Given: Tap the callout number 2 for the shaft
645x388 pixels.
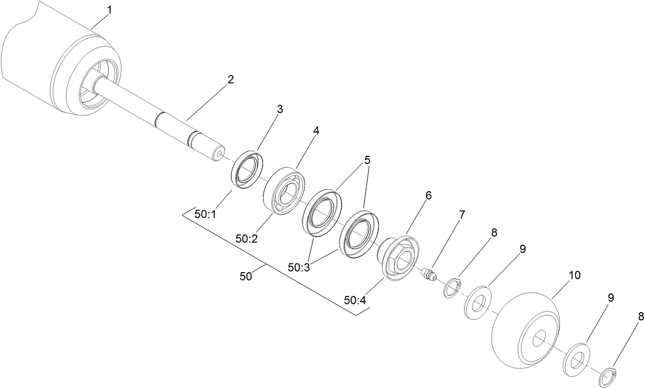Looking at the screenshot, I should tap(231, 79).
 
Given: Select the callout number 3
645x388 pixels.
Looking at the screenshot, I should tap(279, 109).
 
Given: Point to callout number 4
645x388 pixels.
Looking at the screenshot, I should tap(316, 131).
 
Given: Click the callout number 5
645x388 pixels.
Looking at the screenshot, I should tap(367, 159).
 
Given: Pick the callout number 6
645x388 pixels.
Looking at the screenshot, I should tap(428, 195).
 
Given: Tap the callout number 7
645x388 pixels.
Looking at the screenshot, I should tap(461, 215).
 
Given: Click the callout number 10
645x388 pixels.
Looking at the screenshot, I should tap(575, 275).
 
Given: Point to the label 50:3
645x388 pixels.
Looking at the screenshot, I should tap(298, 267).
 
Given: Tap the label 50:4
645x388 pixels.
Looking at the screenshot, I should tap(355, 300).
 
